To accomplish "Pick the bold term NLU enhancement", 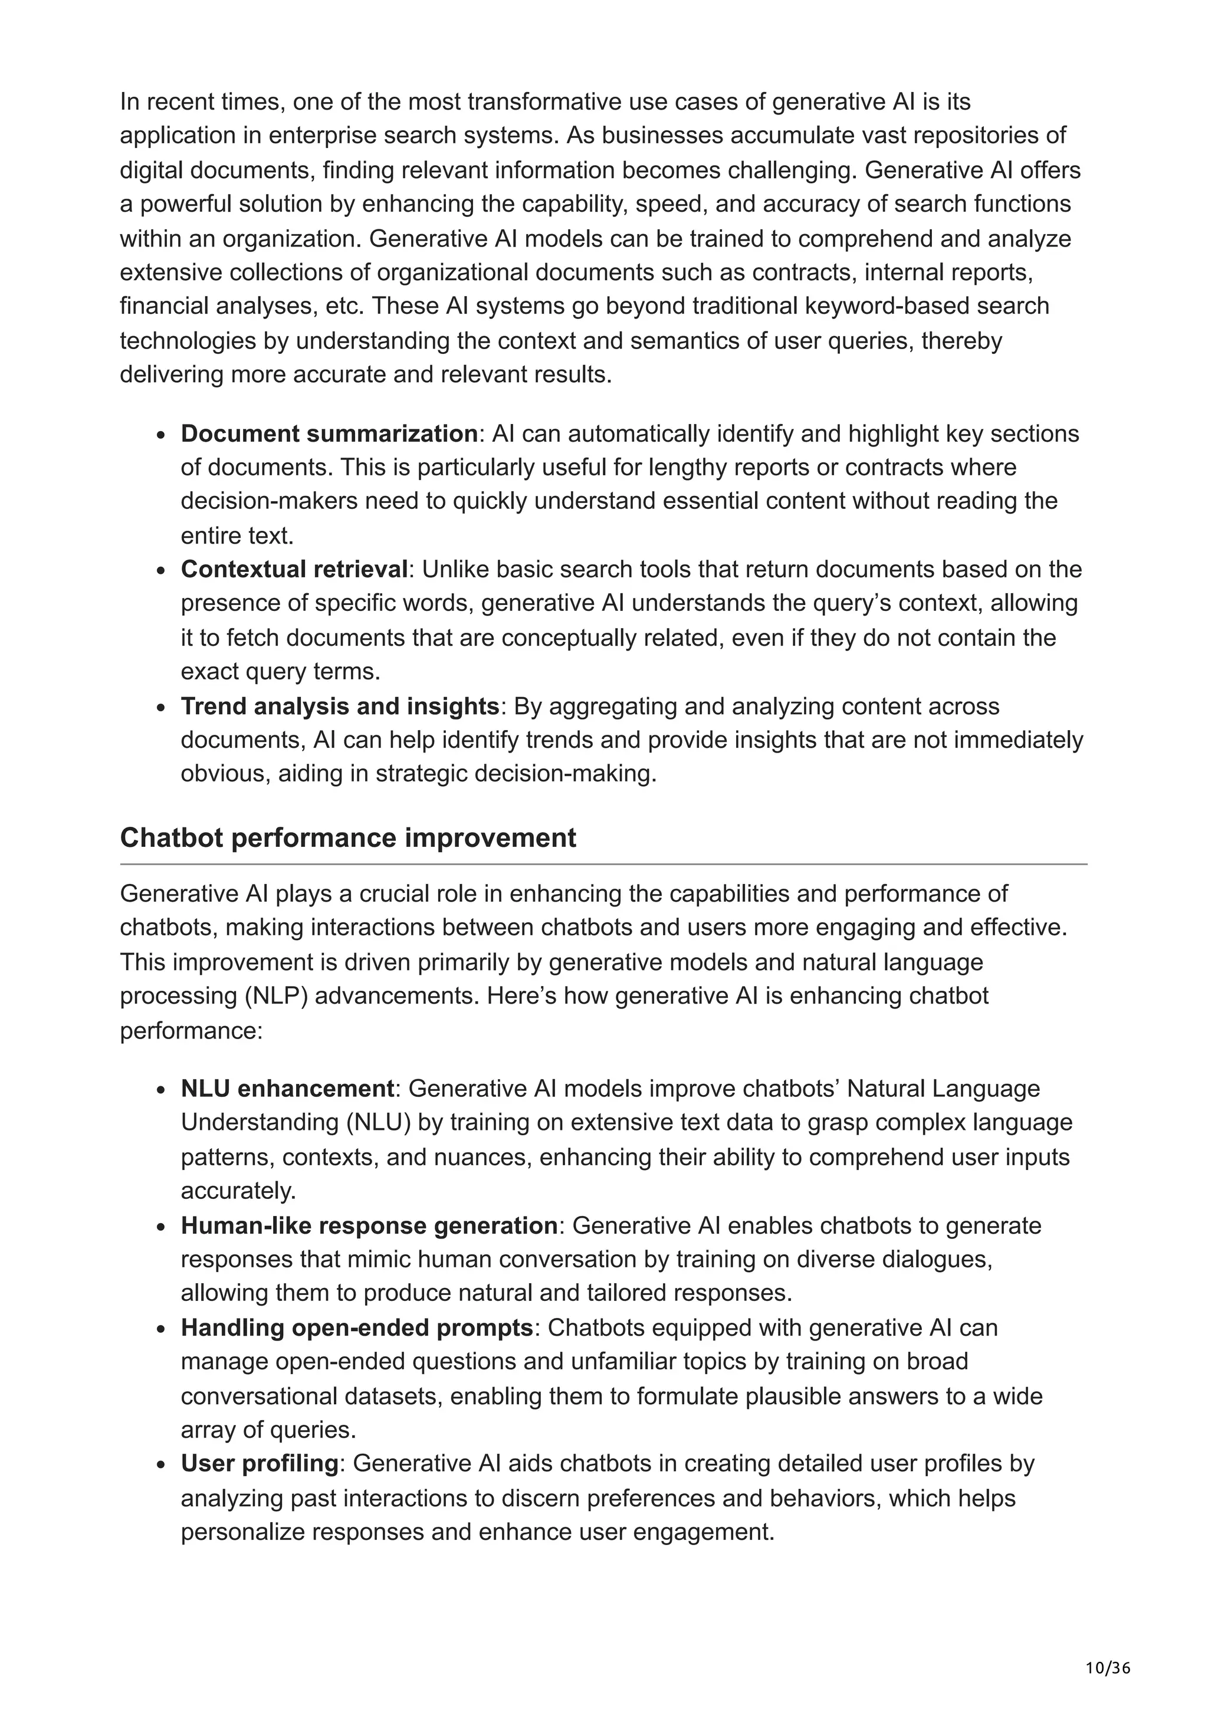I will point(287,1088).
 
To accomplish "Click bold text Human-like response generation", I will point(369,1225).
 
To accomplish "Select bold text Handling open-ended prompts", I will point(356,1327).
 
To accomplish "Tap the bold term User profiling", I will point(259,1462).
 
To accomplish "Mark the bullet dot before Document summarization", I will point(161,435).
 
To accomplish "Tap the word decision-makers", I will point(269,501).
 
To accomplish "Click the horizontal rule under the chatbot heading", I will point(603,864).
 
